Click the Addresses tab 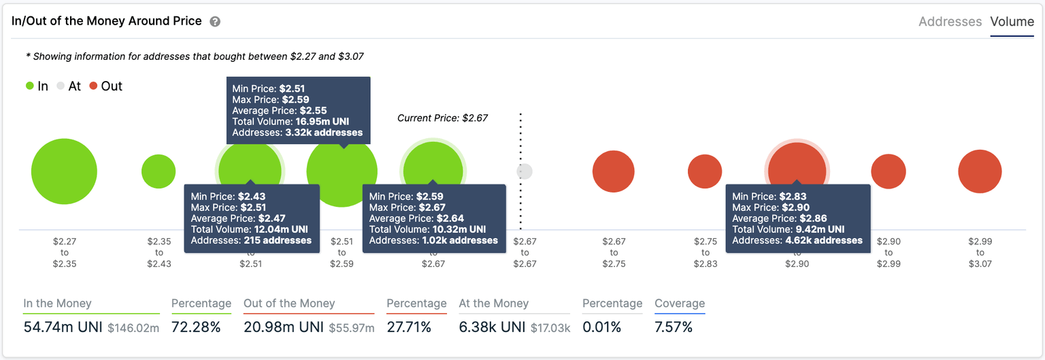[x=950, y=22]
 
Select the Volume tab [x=1012, y=22]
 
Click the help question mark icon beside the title [x=215, y=22]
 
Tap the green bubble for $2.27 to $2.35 [x=64, y=171]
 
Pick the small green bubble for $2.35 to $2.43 [x=159, y=171]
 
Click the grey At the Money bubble [x=525, y=171]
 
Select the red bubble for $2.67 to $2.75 [x=614, y=171]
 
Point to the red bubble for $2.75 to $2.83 [x=705, y=171]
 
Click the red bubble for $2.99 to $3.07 [x=980, y=172]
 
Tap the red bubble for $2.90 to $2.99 [x=889, y=171]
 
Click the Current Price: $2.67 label [x=442, y=118]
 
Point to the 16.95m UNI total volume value [x=322, y=122]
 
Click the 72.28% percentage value [x=196, y=327]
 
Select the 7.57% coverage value [x=674, y=327]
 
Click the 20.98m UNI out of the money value [x=284, y=327]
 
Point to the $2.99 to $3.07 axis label [x=980, y=252]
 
